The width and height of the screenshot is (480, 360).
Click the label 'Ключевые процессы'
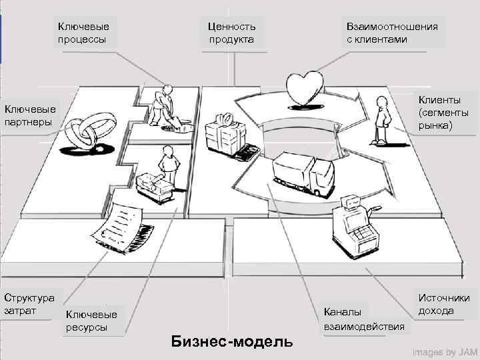[83, 33]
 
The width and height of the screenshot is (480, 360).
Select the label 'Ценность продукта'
[231, 33]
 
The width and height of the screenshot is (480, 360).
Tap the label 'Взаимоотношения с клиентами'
[392, 33]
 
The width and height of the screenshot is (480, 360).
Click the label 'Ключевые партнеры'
[31, 115]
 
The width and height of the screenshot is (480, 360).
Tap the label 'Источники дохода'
[444, 305]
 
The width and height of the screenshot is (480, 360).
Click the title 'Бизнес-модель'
[232, 341]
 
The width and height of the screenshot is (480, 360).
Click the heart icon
[305, 87]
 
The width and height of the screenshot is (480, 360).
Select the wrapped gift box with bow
[223, 133]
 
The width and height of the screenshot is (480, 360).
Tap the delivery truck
[303, 174]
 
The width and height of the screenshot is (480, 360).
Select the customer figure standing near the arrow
[382, 120]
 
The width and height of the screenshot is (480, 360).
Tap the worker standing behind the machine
[167, 166]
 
